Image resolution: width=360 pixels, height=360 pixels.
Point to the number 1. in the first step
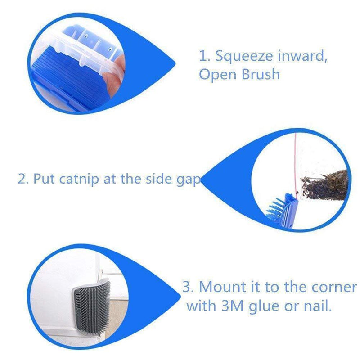pyautogui.click(x=205, y=56)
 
